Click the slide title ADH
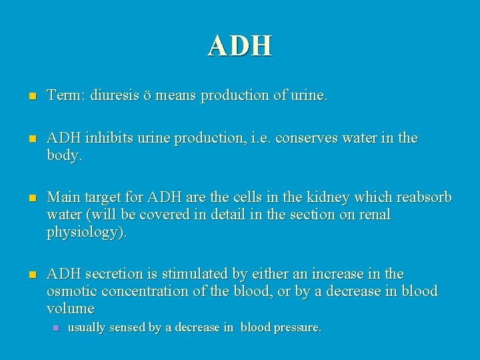click(239, 45)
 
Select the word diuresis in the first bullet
click(114, 97)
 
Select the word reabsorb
click(425, 199)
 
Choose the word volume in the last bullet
click(70, 308)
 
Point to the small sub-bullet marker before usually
click(57, 328)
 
